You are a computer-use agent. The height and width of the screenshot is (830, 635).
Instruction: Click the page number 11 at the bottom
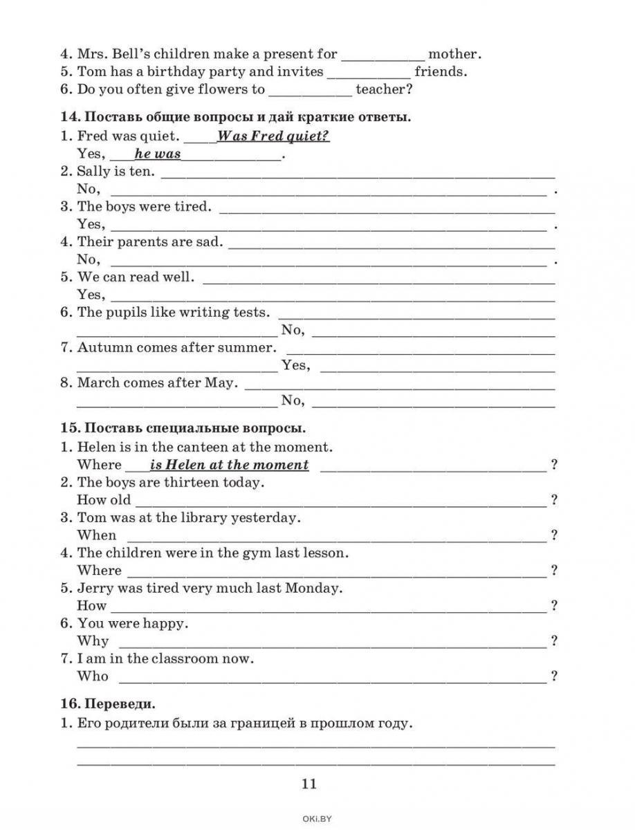click(309, 784)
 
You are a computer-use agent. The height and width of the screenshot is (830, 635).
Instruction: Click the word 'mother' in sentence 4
click(454, 53)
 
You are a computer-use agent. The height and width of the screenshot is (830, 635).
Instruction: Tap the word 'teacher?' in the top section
click(384, 89)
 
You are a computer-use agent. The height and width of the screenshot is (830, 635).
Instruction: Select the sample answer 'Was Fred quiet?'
click(273, 136)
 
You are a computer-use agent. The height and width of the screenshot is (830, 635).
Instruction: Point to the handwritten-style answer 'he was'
click(157, 154)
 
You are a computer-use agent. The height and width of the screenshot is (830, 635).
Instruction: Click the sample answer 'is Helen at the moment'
click(229, 465)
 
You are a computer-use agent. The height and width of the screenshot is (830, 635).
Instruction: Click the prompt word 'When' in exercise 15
click(97, 535)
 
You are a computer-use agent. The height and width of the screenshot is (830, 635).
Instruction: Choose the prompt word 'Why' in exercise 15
click(93, 640)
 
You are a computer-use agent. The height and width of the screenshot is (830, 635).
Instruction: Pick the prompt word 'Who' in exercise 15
click(93, 676)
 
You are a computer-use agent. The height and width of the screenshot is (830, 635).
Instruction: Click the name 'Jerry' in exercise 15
click(95, 588)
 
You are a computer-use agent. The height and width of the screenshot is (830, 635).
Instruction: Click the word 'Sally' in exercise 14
click(94, 171)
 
